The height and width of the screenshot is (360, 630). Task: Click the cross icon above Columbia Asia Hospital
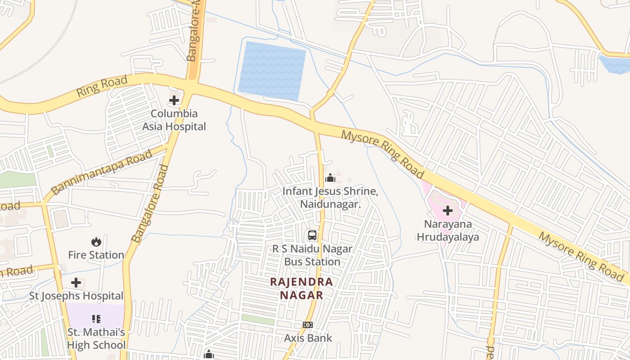pos(174,100)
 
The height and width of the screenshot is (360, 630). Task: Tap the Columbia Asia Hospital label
pos(174,120)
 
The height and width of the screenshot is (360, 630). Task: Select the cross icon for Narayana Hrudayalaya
pos(448,210)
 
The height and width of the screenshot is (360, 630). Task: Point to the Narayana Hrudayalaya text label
pos(448,230)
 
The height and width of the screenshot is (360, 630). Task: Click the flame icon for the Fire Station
pos(96,242)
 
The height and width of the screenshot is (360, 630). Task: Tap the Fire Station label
pos(96,255)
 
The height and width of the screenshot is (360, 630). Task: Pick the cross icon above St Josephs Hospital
pos(76,283)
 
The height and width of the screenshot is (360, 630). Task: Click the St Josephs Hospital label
pos(76,296)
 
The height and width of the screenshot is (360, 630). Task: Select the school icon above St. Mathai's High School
pos(96,319)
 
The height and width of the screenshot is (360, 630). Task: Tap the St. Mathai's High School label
pos(96,339)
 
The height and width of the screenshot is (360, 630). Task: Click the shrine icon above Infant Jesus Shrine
pos(330,178)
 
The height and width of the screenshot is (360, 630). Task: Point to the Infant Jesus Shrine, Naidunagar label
pos(330,198)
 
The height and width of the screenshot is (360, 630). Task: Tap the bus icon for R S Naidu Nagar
pos(312,235)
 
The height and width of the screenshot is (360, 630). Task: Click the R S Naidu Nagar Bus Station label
pos(312,255)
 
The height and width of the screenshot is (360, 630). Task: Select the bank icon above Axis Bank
pos(308,324)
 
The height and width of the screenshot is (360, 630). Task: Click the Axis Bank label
pos(308,338)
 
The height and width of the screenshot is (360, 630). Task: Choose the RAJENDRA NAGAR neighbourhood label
pos(301,288)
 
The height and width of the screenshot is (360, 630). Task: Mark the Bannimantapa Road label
pos(102,173)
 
